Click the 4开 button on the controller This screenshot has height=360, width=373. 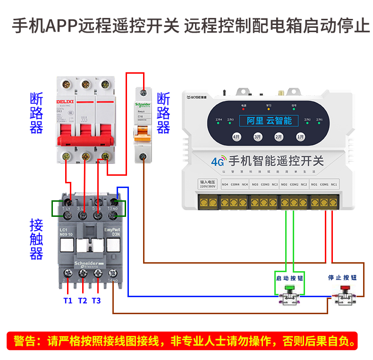point(237,137)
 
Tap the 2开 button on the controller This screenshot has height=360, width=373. point(279,137)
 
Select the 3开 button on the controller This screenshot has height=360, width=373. point(258,137)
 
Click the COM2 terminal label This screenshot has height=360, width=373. point(294,184)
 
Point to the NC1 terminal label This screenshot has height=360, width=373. point(334,184)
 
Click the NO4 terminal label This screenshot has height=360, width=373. point(225,184)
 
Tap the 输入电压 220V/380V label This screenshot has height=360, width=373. point(208,184)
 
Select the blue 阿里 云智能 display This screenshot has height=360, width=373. point(269,120)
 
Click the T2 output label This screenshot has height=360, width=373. point(83,300)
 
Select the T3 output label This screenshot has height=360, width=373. point(96,300)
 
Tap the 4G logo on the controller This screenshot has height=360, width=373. point(218,161)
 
